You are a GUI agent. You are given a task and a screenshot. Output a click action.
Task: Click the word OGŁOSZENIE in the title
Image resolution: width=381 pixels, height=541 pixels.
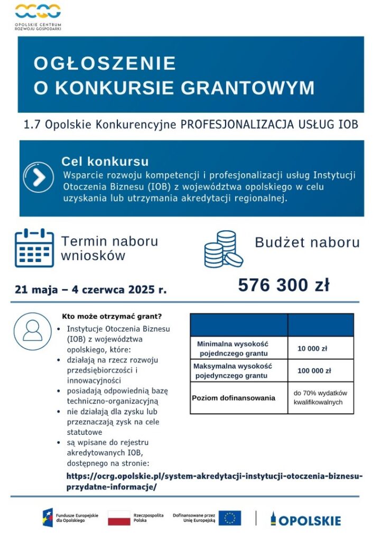(x=105, y=63)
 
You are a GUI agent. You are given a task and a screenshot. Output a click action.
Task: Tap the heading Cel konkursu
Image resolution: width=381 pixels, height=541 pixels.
(x=105, y=161)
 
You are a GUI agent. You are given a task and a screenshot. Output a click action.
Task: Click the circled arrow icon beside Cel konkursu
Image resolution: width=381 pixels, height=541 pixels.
(x=39, y=178)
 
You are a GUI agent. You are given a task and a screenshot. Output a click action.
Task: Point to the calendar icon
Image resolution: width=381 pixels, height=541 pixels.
(x=34, y=248)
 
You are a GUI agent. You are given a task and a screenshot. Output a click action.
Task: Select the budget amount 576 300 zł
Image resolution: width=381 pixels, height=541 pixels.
(x=283, y=285)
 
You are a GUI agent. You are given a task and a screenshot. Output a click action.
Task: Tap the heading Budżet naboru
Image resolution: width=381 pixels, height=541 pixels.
(x=307, y=242)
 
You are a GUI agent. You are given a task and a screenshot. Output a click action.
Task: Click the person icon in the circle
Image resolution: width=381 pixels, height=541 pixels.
(x=33, y=331)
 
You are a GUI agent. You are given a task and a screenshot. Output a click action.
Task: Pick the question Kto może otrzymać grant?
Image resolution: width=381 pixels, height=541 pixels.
(x=111, y=317)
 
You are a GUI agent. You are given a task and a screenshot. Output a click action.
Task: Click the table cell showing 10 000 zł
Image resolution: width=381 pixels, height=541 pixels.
(x=312, y=349)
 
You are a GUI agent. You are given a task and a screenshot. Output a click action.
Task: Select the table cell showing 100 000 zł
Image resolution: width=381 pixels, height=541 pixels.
(x=314, y=371)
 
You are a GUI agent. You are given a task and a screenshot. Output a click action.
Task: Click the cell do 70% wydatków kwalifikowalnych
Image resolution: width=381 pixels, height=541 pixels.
(x=320, y=398)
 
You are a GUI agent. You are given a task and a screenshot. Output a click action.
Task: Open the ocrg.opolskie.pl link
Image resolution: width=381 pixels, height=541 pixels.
(x=215, y=481)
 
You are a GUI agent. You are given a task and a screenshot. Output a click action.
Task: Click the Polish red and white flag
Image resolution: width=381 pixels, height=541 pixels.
(x=119, y=518)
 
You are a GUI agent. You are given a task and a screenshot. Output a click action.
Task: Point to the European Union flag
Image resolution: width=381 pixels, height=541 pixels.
(x=230, y=518)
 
